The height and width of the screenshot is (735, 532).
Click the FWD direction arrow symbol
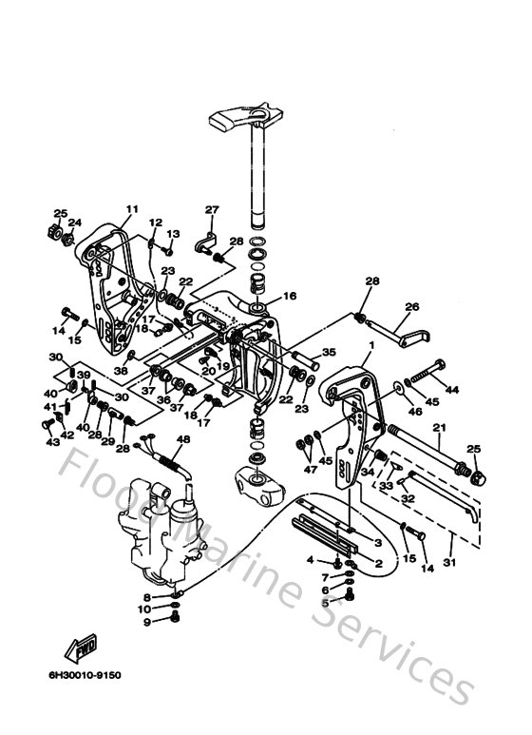(x=79, y=648)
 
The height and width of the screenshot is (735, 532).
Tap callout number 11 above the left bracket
(x=132, y=209)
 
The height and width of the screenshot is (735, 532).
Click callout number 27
(x=212, y=210)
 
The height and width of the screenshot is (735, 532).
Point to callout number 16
(x=290, y=296)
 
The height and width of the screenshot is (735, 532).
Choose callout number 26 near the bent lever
(x=411, y=306)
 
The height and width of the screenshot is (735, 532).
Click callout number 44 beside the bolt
(x=452, y=390)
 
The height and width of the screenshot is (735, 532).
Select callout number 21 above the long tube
(x=439, y=428)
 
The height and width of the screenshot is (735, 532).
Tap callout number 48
(x=183, y=439)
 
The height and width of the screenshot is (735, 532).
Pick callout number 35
(x=329, y=351)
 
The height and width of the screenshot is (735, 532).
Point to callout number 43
(x=52, y=442)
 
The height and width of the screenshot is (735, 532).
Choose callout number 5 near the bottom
(x=324, y=602)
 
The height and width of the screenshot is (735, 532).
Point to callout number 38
(x=120, y=370)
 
